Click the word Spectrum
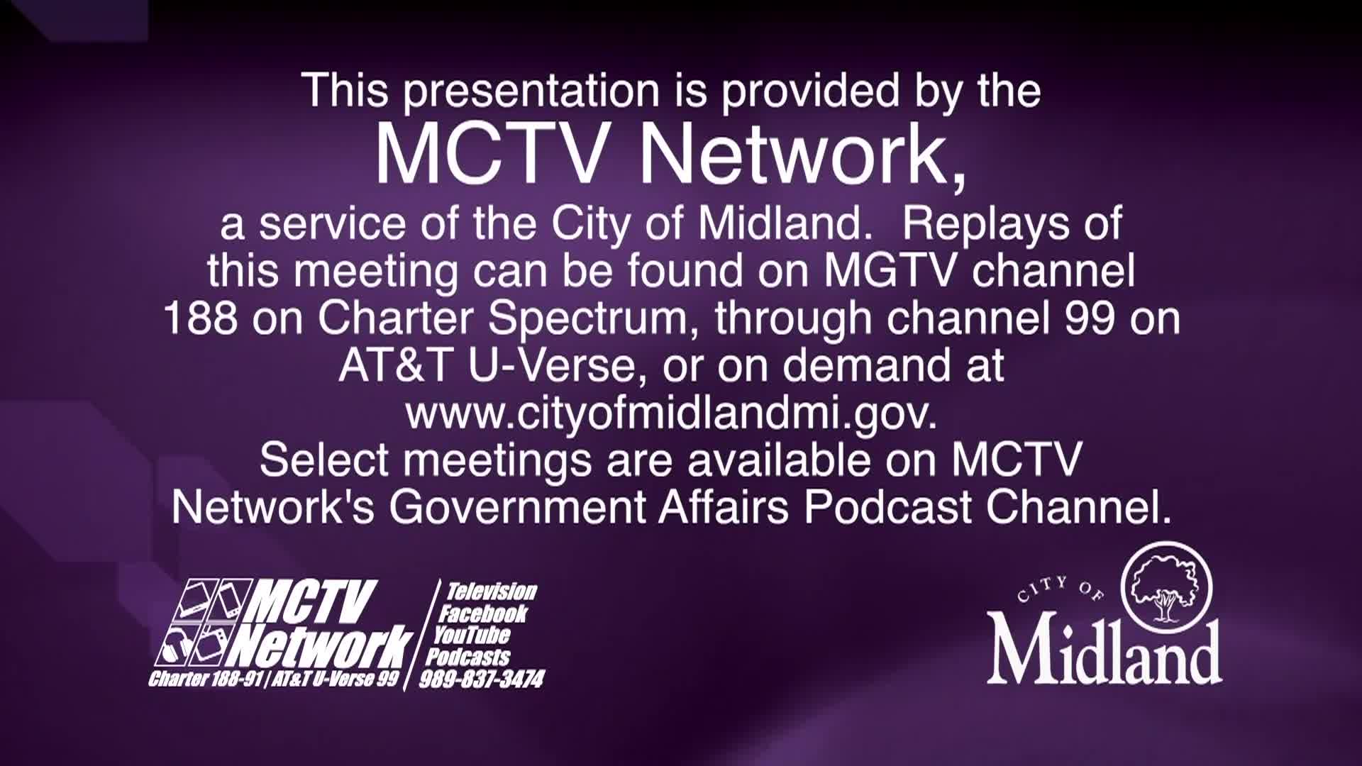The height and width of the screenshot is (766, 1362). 588,319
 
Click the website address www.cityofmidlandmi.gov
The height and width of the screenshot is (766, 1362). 671,414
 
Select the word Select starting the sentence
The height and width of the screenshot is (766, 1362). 324,460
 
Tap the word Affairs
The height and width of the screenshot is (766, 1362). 723,506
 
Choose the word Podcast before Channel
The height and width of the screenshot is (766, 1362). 888,507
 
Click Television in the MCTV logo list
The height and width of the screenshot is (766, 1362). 491,592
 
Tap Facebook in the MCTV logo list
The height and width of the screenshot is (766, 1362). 484,614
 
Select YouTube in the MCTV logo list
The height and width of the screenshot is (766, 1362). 472,635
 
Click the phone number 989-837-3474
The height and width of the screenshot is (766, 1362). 482,679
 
